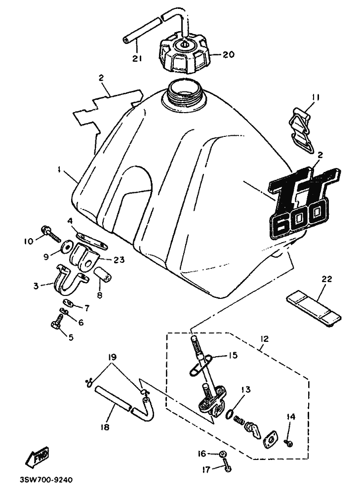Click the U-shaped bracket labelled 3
70,280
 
